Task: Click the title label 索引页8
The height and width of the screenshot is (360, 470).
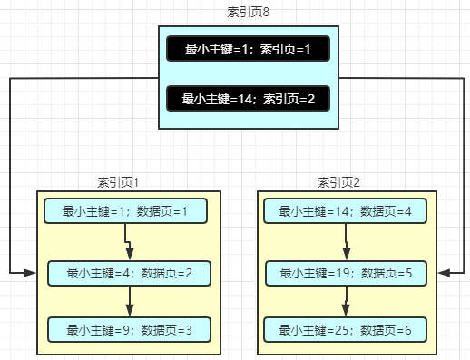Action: (248, 12)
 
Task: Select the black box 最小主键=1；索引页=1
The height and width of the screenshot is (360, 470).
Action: (248, 49)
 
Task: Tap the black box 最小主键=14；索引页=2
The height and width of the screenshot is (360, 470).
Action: (248, 99)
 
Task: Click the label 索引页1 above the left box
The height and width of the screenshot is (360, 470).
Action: (118, 181)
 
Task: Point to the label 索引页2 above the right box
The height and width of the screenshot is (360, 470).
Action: (339, 181)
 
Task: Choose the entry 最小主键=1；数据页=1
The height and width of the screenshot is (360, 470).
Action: (125, 211)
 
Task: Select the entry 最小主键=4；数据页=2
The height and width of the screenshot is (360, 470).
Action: (130, 273)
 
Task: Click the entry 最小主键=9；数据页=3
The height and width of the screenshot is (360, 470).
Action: (130, 329)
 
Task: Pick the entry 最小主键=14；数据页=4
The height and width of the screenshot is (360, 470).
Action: (346, 211)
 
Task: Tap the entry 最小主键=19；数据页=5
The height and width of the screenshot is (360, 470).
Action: (346, 273)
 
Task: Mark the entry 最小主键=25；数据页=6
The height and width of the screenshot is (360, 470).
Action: (346, 329)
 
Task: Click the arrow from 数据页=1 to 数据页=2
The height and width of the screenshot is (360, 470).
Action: (128, 242)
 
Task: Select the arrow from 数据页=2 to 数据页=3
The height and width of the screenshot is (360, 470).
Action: (130, 300)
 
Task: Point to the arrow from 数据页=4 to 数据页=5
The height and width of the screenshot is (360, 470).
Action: (346, 242)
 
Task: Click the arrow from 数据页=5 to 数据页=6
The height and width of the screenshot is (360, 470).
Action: (346, 300)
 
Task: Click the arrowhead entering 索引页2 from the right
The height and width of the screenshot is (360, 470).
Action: (444, 272)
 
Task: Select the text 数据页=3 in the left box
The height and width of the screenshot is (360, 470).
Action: (167, 329)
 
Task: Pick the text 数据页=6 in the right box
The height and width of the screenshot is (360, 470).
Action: (387, 329)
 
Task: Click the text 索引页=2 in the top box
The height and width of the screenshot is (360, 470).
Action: (289, 99)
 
